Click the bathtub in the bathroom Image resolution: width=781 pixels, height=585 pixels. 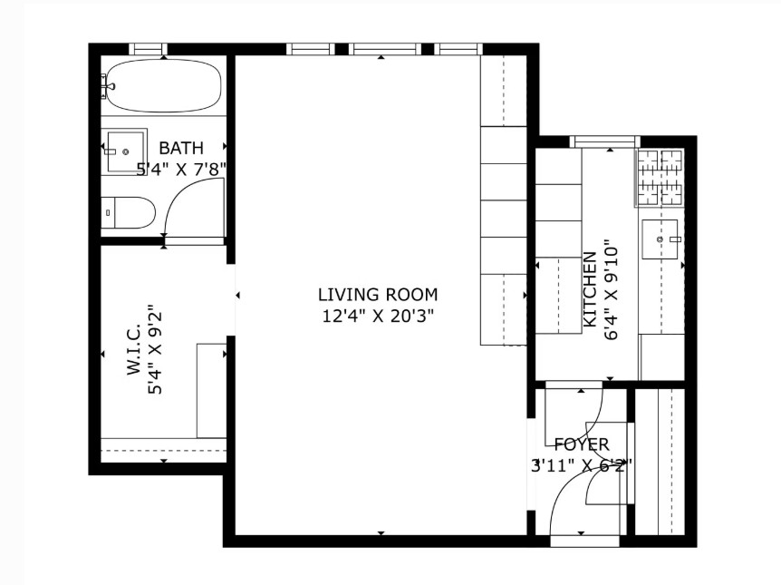(x=163, y=86)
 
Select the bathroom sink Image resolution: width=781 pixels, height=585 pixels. (x=125, y=145)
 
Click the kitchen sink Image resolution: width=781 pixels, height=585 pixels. (x=661, y=239)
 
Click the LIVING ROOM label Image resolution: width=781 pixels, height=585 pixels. (x=378, y=295)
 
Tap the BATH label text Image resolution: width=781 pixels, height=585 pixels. (x=181, y=148)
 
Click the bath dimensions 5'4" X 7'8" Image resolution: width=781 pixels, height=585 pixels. (x=181, y=169)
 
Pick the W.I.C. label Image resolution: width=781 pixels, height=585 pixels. (x=134, y=351)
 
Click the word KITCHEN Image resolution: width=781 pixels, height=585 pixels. (x=590, y=290)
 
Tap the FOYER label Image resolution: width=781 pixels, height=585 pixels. (x=582, y=445)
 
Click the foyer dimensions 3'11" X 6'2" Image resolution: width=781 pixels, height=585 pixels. (x=582, y=465)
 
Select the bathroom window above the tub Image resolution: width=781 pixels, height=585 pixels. (x=148, y=49)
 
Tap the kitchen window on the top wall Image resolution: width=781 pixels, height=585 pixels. (x=605, y=141)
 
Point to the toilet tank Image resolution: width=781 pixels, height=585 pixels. (x=108, y=212)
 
